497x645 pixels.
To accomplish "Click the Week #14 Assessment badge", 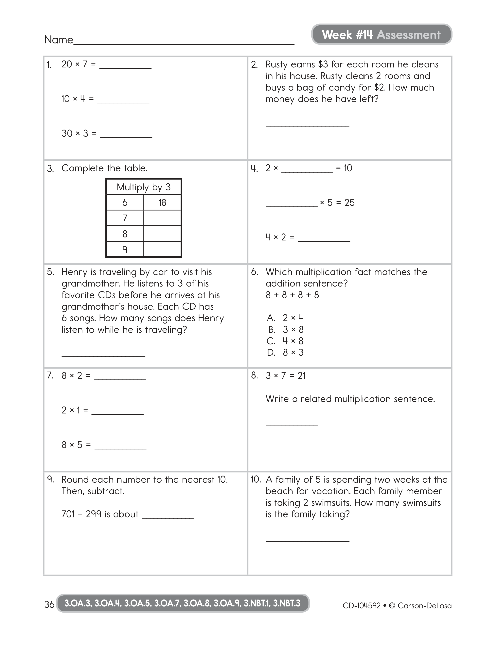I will pos(381,35).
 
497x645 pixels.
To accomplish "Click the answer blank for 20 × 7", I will pos(126,66).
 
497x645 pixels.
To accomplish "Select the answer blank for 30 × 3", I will pos(126,136).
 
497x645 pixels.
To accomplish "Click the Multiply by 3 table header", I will pos(144,187).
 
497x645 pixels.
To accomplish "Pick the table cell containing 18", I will pos(162,203).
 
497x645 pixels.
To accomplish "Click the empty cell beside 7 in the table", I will pos(162,218).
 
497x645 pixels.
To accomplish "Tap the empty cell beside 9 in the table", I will pos(162,250).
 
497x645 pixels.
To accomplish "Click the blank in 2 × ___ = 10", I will pos(307,170).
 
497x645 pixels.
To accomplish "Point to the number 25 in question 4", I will pos(349,203).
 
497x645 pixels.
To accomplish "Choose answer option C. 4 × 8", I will pos(285,341).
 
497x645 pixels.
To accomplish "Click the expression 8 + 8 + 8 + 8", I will pos(292,295).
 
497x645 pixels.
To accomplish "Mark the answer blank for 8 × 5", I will pos(120,447).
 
